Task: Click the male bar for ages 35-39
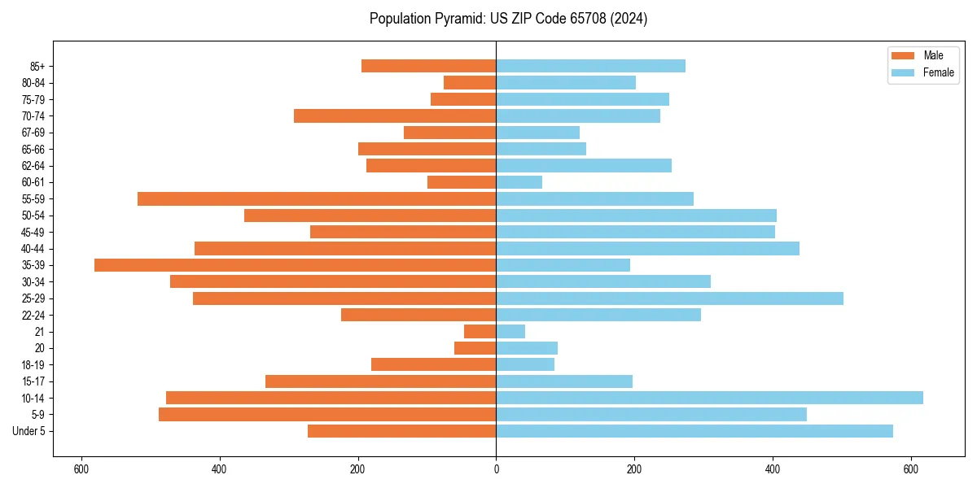click(295, 265)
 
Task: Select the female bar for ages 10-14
click(709, 398)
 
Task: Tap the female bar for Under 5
click(694, 431)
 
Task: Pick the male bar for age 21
click(480, 331)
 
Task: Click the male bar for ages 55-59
click(317, 198)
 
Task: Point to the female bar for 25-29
click(669, 298)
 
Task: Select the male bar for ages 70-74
click(395, 115)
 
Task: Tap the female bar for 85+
click(590, 66)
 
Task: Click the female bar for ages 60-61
click(519, 182)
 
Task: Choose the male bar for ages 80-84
click(470, 82)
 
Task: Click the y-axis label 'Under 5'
click(28, 431)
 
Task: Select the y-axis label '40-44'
click(33, 248)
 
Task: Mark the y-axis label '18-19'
click(33, 364)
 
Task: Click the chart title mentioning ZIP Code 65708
click(508, 19)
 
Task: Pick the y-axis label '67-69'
click(33, 133)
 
